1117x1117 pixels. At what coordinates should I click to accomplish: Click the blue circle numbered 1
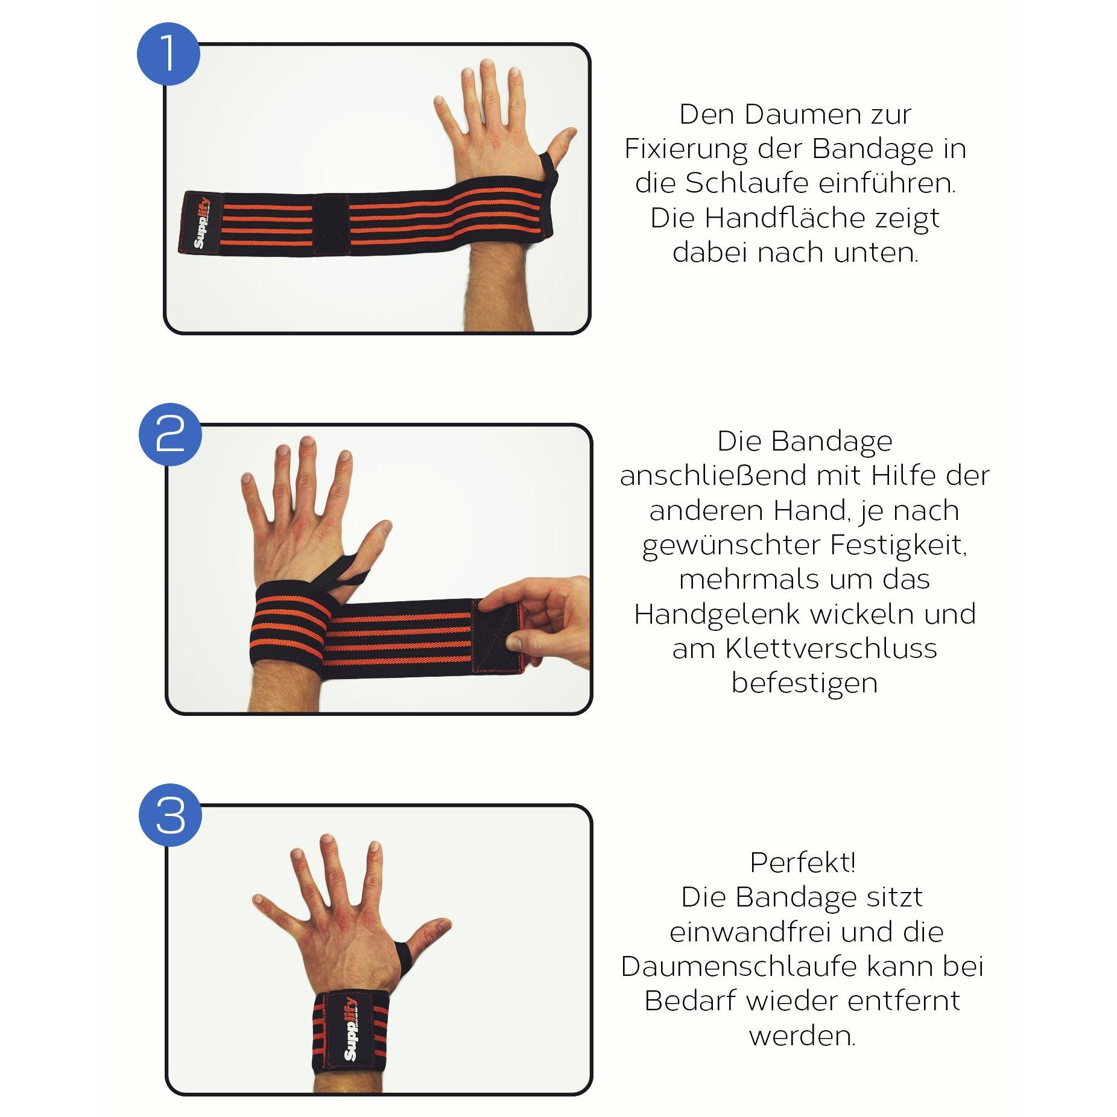168,53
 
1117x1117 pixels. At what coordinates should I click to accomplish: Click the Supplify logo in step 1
201,222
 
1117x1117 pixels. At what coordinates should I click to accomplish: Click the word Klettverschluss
831,648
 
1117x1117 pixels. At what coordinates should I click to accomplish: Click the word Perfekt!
803,863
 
